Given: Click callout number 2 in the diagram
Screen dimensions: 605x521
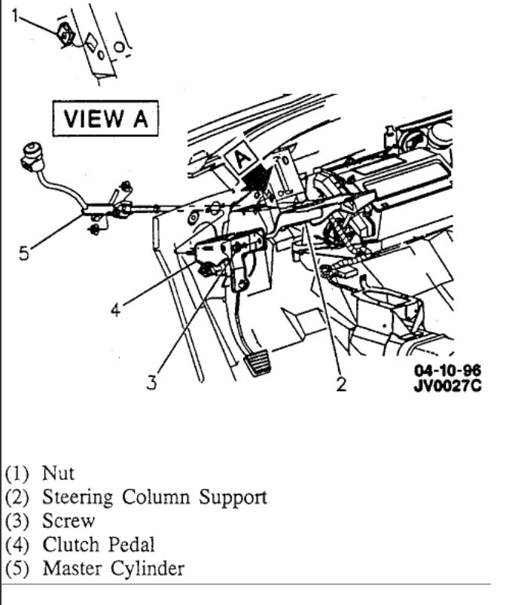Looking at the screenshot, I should click(341, 384).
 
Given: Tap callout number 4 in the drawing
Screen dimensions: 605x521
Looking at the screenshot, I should click(114, 309).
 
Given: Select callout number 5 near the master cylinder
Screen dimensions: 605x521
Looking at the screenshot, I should click(25, 253).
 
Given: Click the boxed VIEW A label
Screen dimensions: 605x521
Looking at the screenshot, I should click(105, 119).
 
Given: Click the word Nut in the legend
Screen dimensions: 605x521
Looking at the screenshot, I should click(58, 474).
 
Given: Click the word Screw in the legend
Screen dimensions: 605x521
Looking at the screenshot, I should click(69, 521).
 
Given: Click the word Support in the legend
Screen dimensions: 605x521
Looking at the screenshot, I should click(233, 498).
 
